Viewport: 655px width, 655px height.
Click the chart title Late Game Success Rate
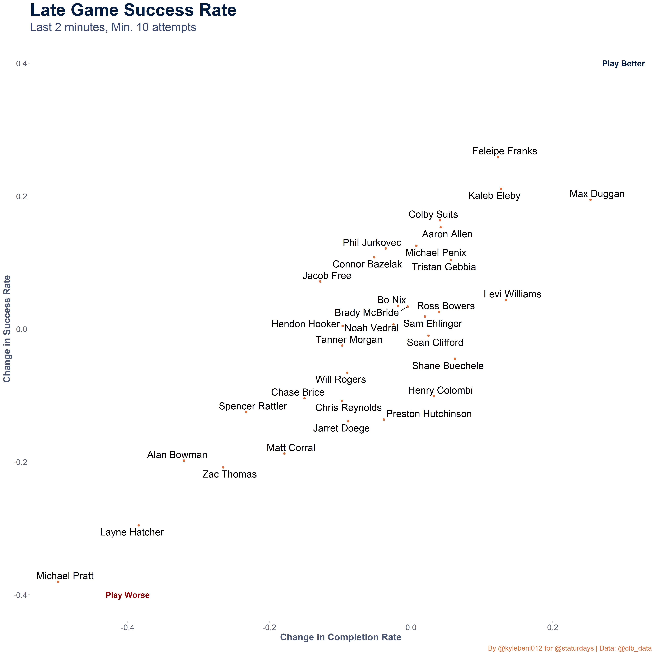click(x=133, y=10)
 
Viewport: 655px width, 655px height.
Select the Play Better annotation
click(x=623, y=64)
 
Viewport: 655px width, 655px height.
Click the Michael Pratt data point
click(x=58, y=582)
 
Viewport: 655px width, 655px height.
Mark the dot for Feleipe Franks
click(x=498, y=157)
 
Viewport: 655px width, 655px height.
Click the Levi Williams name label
click(x=512, y=294)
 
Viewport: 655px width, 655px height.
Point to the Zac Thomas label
click(x=229, y=474)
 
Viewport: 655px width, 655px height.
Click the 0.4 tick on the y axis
click(x=21, y=64)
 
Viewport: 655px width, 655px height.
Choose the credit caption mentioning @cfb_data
click(x=570, y=648)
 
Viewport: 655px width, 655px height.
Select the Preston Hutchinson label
click(x=429, y=414)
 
